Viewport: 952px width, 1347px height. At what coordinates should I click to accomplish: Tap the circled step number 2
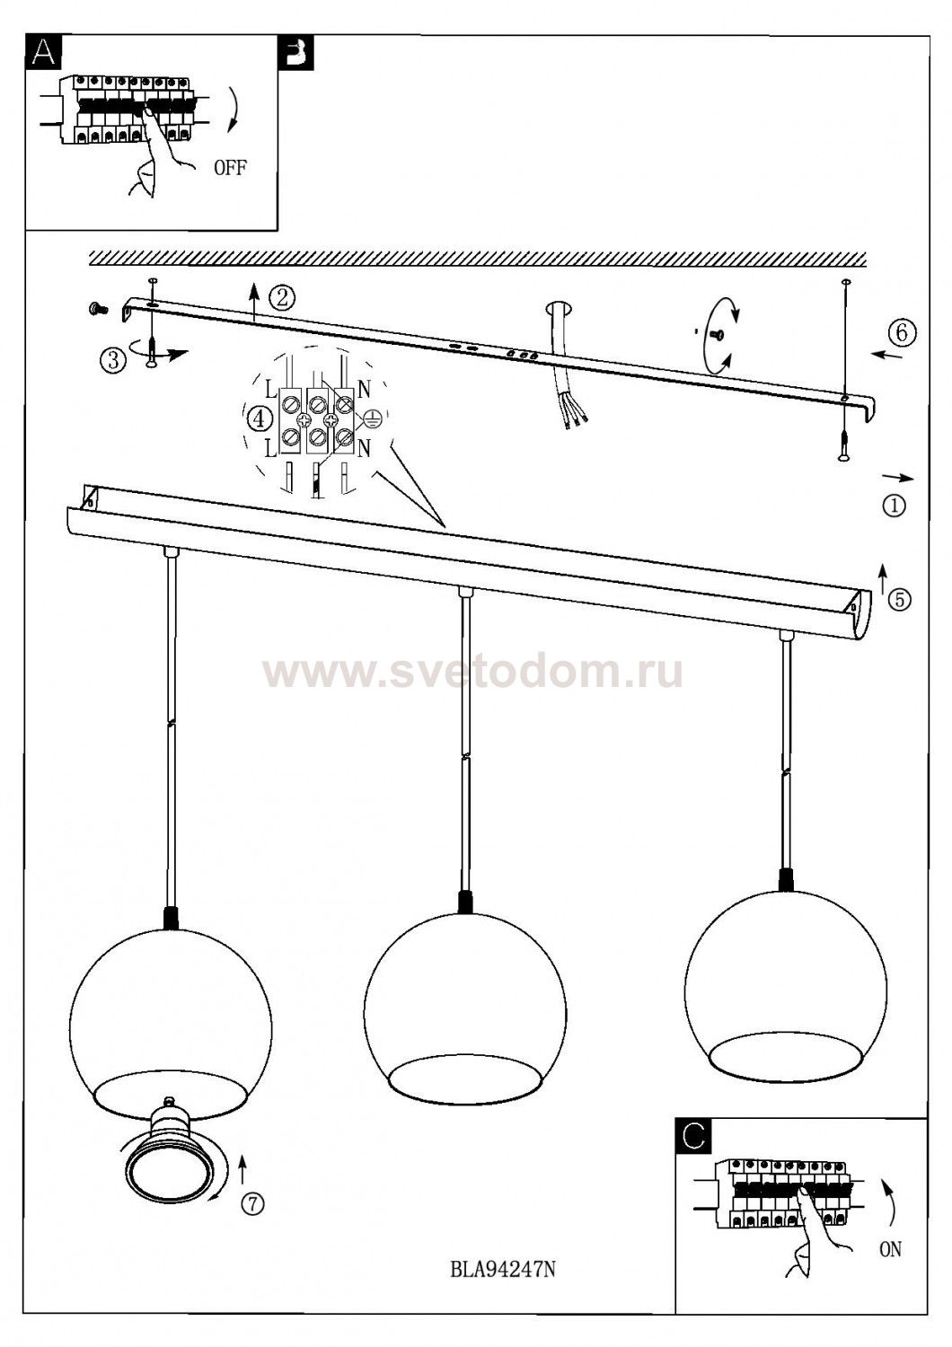tap(282, 296)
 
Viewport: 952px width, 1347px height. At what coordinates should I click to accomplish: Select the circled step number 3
tap(113, 359)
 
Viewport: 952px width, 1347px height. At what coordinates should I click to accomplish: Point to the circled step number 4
tap(260, 418)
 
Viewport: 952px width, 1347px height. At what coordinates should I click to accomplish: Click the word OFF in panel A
tap(230, 167)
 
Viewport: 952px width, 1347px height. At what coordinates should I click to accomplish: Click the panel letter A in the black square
tap(43, 54)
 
